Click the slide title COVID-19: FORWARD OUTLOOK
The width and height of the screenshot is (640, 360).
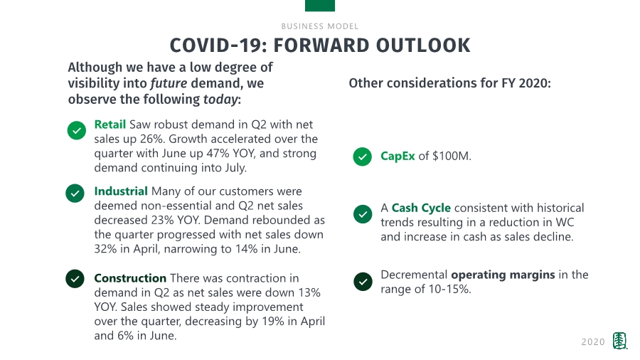[319, 46]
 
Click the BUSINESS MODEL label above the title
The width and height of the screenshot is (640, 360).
[319, 26]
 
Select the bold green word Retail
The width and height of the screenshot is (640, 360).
[110, 125]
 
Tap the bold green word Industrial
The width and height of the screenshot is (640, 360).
[121, 191]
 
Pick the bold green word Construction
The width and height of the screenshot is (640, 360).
[130, 278]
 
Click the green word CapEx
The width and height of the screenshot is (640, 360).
[398, 157]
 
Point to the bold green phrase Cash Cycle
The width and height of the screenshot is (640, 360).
[421, 208]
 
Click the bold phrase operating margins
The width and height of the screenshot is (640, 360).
[503, 275]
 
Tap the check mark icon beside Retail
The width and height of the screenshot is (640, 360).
[77, 131]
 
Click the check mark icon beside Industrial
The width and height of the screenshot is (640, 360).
[75, 193]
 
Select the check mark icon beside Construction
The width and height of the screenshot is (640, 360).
[75, 279]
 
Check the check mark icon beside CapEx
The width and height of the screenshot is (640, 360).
[363, 157]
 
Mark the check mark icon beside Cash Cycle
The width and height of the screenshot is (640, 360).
[363, 214]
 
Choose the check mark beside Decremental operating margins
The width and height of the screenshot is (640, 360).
[363, 282]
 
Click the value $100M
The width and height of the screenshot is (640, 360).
[451, 157]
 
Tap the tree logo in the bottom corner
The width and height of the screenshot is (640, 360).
[620, 342]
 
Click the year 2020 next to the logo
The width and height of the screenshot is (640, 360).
[593, 342]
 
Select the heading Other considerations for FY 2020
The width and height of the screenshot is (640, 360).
[450, 83]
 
